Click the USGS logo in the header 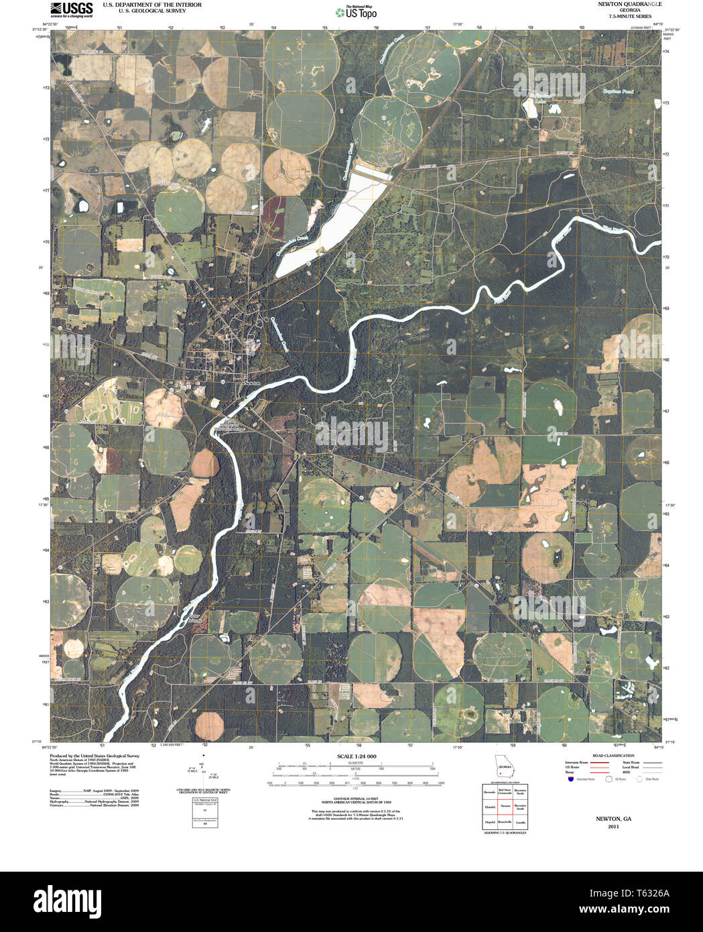point(72,9)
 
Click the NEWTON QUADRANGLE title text point(621,4)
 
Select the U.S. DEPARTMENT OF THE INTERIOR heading point(142,4)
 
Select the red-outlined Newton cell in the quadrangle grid point(505,805)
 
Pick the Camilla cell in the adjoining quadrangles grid point(520,821)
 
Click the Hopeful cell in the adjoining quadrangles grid point(490,821)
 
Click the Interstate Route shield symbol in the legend point(570,779)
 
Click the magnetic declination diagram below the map point(204,771)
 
